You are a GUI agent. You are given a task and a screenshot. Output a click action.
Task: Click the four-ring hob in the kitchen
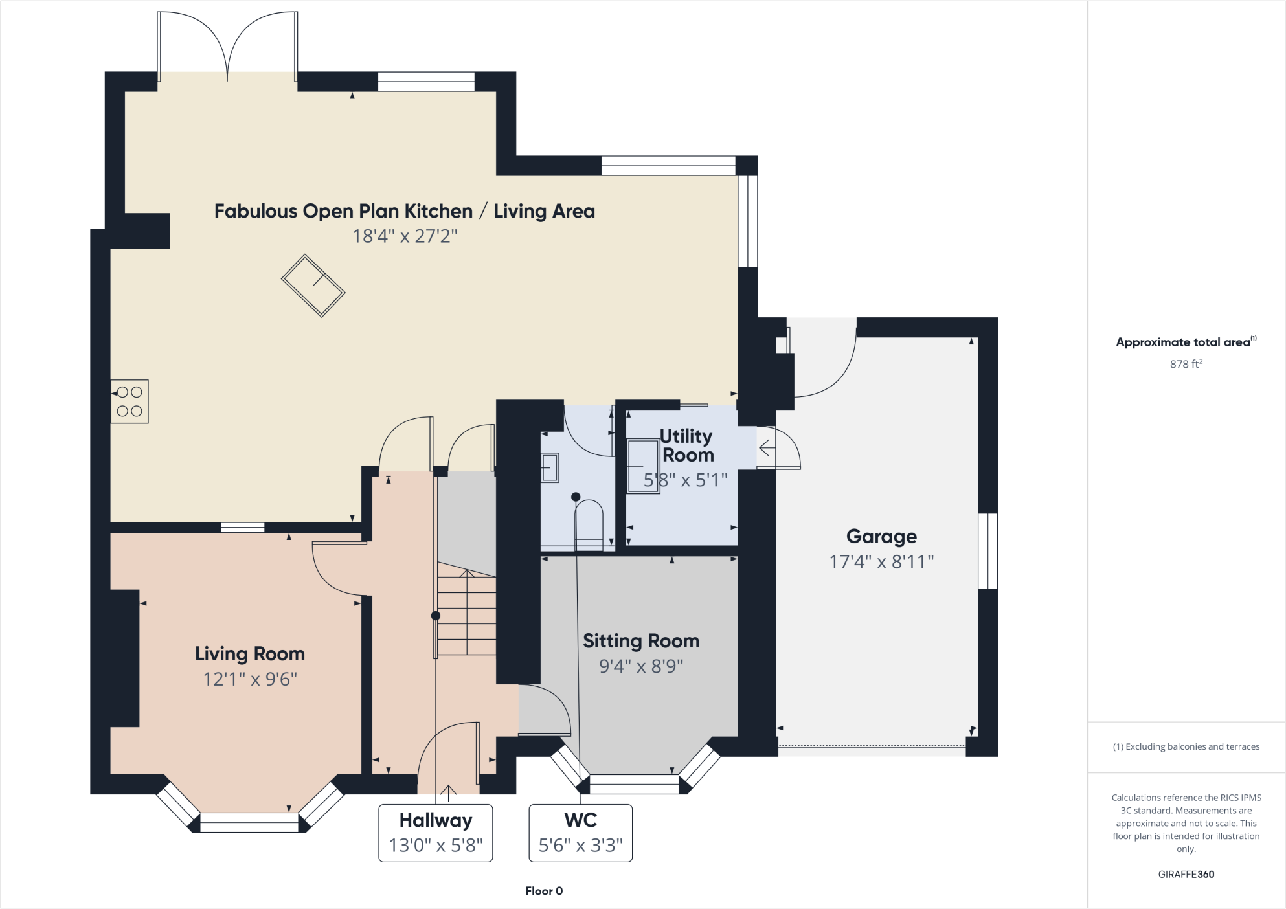pos(130,401)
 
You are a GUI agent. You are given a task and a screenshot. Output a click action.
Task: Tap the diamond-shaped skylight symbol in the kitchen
pos(313,286)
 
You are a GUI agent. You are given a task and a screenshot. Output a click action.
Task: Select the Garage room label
pos(881,536)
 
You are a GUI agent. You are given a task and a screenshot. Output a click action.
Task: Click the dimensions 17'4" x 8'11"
pos(881,561)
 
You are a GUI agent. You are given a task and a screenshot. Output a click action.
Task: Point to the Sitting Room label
pos(641,641)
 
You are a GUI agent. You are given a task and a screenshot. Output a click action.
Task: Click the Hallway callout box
pos(435,833)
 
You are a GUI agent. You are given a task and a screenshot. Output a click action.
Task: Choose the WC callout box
pos(580,833)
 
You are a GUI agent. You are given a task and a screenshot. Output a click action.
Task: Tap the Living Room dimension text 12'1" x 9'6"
pos(250,679)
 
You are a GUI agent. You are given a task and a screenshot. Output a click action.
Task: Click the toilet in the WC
pos(589,521)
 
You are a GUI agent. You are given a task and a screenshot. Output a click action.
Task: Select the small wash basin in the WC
pos(550,467)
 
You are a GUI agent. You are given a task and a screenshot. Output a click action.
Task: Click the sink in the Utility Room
pos(642,466)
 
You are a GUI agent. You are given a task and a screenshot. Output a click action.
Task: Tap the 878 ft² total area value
pos(1186,364)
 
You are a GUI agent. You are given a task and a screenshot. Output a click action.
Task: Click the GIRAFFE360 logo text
pos(1186,874)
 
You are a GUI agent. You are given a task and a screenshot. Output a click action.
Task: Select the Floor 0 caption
pos(544,891)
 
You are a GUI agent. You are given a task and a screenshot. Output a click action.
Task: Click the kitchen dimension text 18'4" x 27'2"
pos(405,236)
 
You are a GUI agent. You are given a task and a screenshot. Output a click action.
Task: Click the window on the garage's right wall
pos(987,551)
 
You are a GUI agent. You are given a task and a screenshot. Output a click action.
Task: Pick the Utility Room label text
pos(686,445)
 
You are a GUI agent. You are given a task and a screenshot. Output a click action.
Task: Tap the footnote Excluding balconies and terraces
pos(1186,746)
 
